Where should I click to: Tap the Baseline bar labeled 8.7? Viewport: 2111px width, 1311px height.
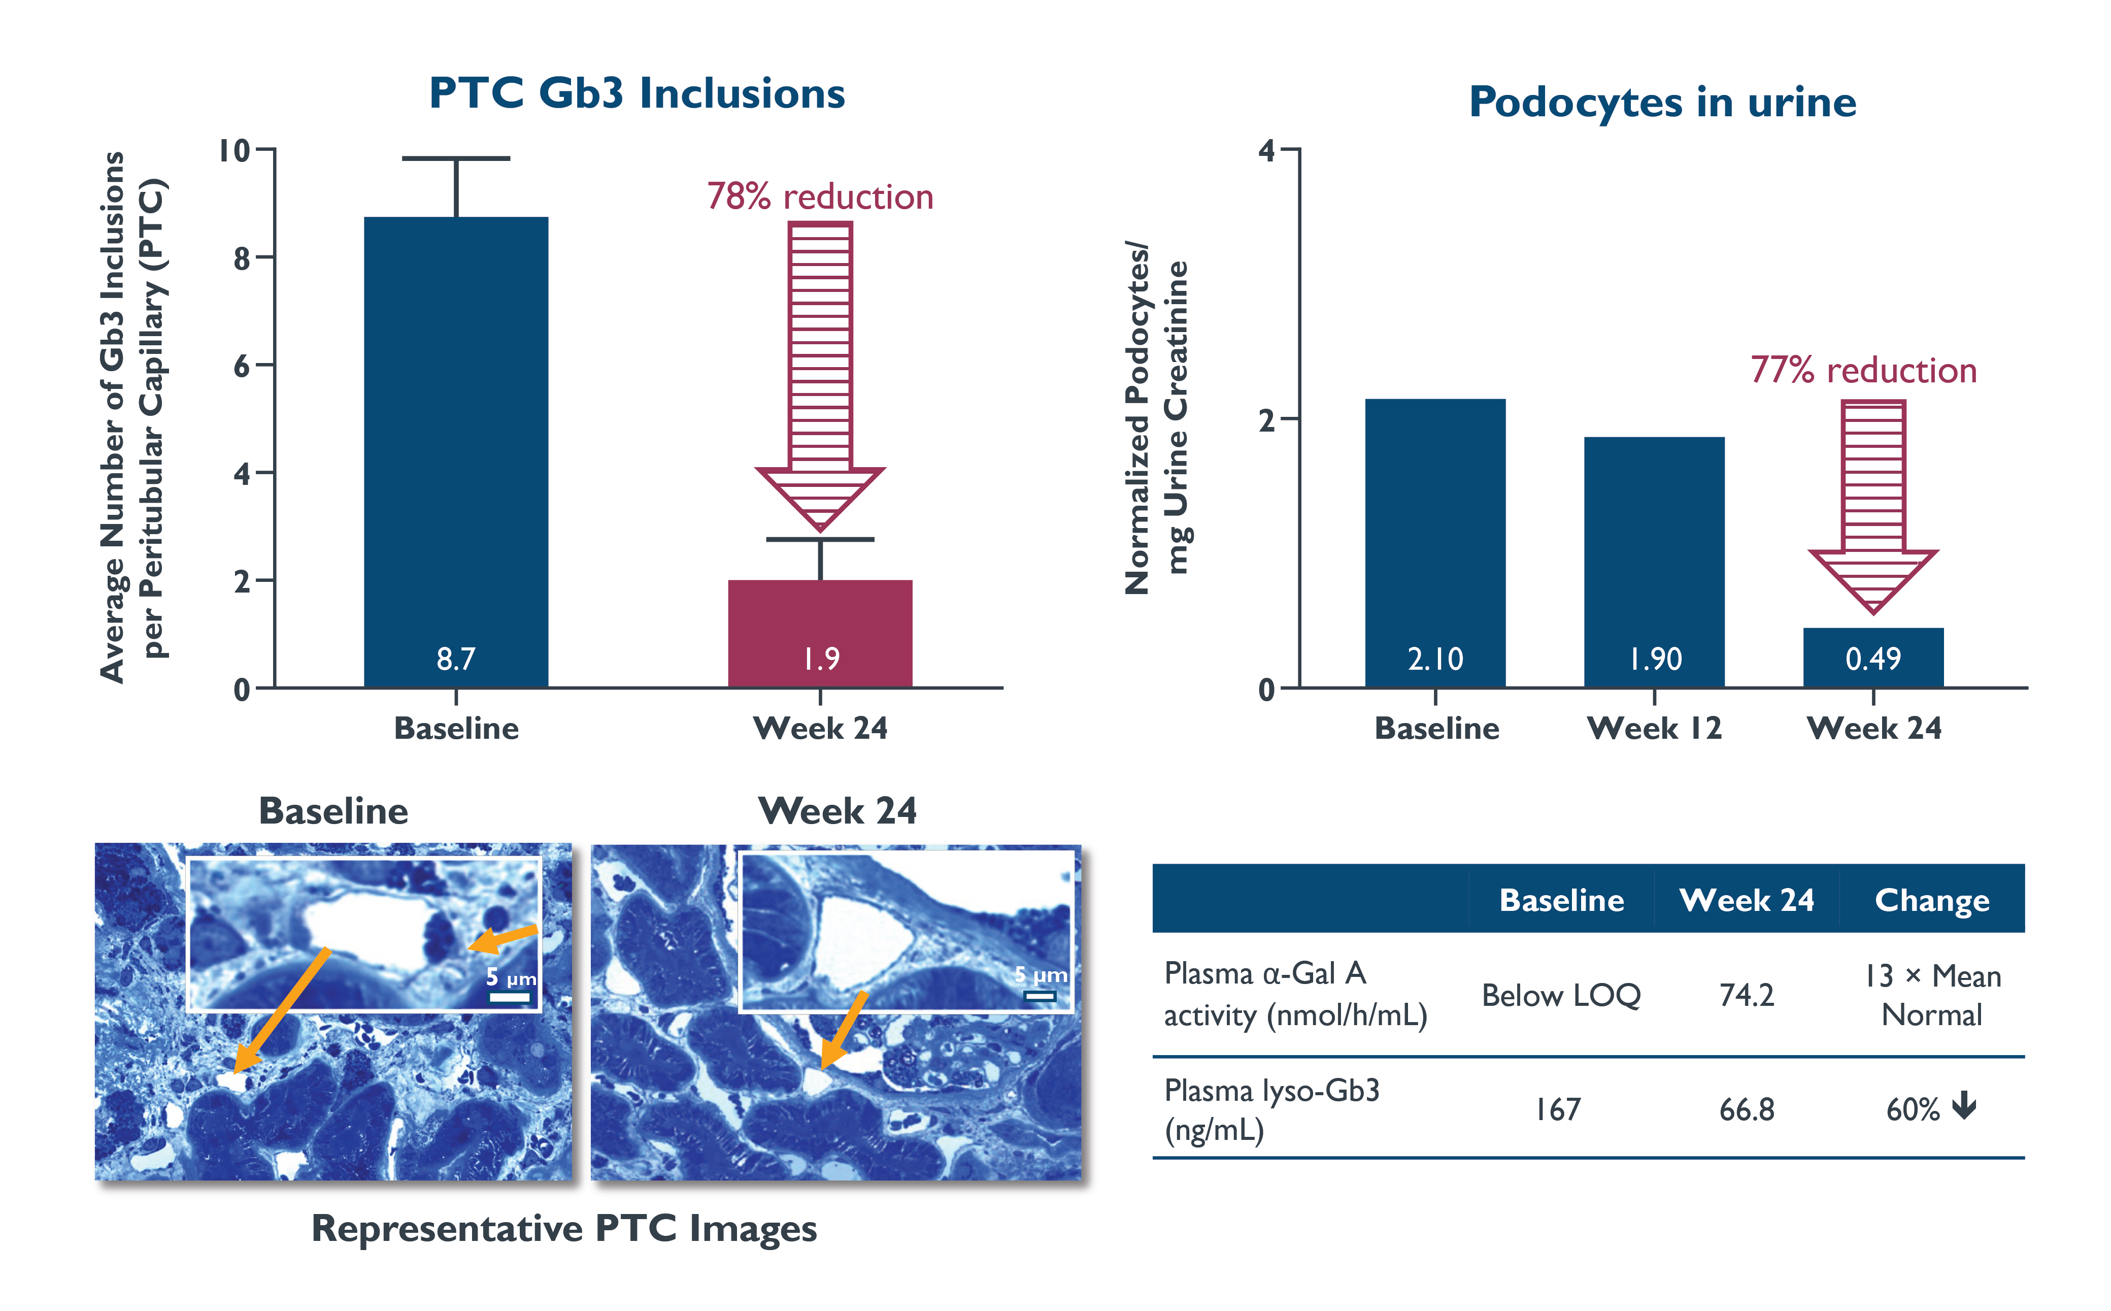(456, 451)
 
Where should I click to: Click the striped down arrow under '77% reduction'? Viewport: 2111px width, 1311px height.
(1872, 503)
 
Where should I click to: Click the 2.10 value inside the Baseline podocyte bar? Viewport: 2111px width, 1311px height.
(1435, 659)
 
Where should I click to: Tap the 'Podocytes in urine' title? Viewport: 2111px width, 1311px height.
(1662, 103)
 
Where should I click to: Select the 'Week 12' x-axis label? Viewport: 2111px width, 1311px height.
(1654, 728)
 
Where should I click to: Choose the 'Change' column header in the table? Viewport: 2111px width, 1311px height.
(1932, 900)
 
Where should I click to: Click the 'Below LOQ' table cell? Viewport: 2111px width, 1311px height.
(1561, 995)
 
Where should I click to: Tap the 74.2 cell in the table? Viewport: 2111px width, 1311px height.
(1746, 995)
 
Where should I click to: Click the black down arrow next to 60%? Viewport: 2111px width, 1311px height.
(1964, 1106)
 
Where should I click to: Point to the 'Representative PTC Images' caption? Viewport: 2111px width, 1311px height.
(563, 1229)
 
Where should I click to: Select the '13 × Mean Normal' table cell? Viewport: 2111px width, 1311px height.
(1932, 995)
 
